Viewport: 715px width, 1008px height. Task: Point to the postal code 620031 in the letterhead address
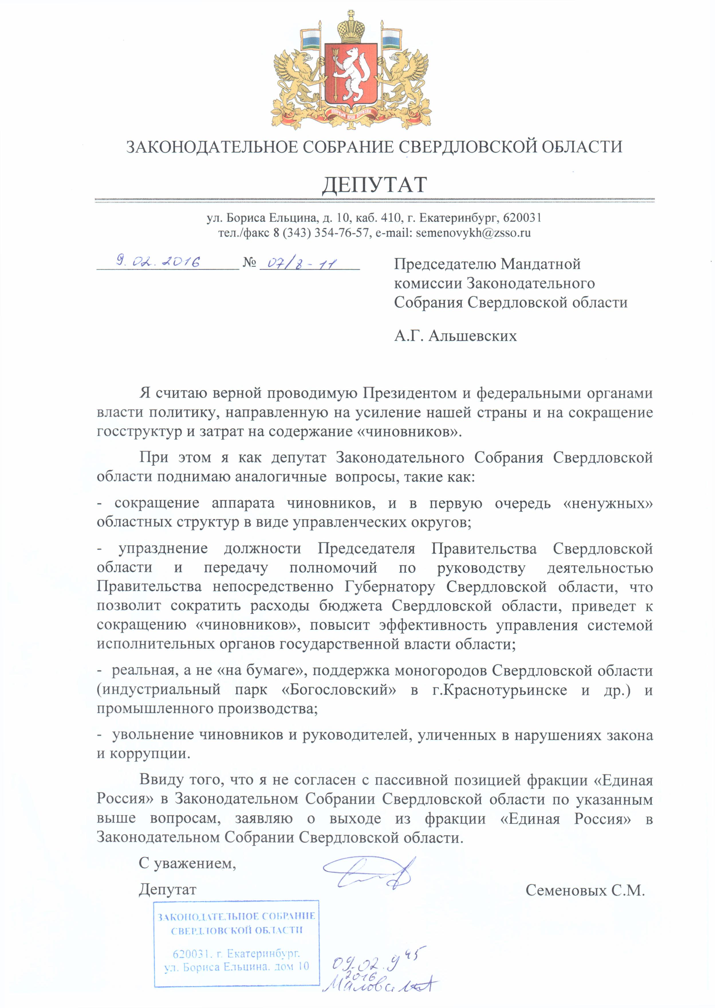click(522, 217)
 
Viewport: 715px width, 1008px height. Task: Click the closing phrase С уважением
click(187, 863)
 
